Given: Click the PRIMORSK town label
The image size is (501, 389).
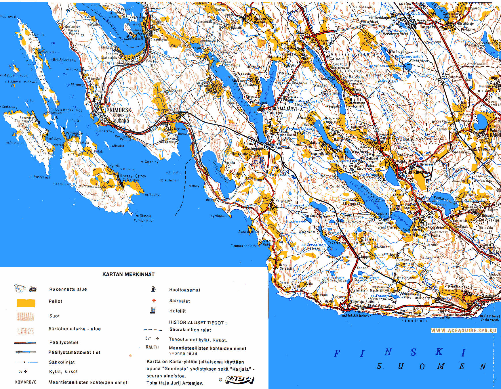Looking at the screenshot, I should [x=119, y=110].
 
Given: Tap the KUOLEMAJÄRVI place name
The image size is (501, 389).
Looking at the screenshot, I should [x=282, y=109].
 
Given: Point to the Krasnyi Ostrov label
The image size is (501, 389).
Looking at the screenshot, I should [x=133, y=176].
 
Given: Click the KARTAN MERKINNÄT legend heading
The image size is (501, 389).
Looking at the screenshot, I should [x=128, y=274].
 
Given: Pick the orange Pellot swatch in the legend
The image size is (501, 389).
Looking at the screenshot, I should [x=26, y=303].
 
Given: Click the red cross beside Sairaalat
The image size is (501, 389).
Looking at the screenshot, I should [x=154, y=300].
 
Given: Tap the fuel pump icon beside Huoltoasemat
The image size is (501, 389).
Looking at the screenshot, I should [x=153, y=289].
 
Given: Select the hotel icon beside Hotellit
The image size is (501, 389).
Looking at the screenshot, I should [x=153, y=310].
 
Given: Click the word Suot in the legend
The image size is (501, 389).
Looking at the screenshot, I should [x=54, y=316].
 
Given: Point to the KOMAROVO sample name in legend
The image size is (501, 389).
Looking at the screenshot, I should [x=26, y=382].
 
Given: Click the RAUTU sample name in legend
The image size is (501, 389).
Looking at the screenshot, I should [x=152, y=347].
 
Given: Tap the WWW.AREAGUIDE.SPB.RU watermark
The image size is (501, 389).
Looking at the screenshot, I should [x=463, y=331].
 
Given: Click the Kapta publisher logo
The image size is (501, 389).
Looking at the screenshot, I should [x=239, y=380].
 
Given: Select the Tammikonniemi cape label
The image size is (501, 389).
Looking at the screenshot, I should [x=243, y=246].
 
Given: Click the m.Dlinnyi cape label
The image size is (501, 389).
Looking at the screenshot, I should [x=143, y=216].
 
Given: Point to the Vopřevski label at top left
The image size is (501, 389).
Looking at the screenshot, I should [x=8, y=16].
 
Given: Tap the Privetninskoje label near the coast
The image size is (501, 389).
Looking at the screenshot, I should [x=460, y=287].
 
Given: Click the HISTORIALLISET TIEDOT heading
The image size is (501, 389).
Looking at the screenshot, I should [x=198, y=323].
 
